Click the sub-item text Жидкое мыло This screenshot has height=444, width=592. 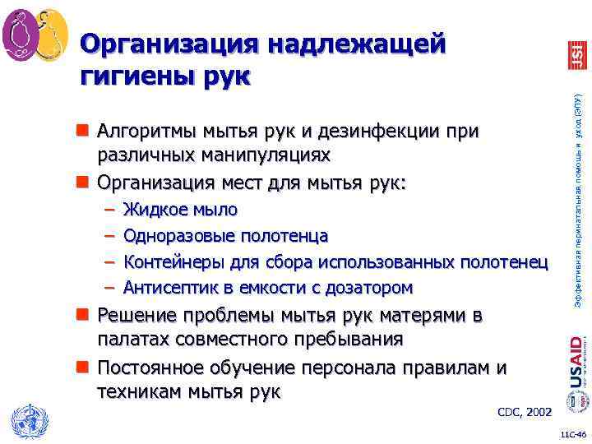180,210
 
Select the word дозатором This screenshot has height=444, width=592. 371,288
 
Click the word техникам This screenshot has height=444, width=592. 135,392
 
